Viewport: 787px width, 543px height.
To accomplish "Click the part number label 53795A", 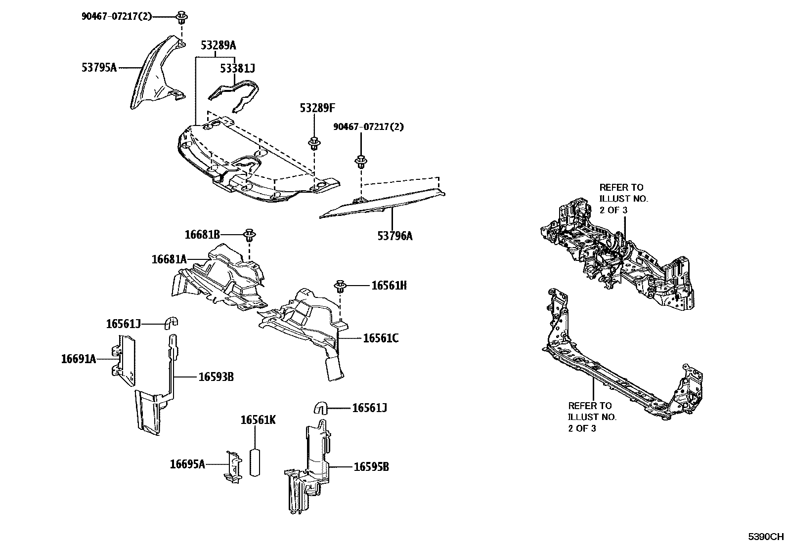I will click(x=99, y=67).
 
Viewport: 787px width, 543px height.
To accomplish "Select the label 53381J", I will click(x=237, y=69).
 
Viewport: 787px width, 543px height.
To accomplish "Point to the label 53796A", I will click(x=394, y=236).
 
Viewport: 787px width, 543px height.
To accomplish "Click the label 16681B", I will click(x=202, y=234).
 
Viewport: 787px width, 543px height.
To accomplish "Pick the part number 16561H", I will click(x=389, y=286).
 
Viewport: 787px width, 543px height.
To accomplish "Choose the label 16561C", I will click(x=381, y=338).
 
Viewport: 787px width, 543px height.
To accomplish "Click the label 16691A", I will click(x=79, y=359).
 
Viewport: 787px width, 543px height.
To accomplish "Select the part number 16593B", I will click(x=216, y=377).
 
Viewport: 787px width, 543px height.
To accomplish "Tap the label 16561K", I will click(x=258, y=420).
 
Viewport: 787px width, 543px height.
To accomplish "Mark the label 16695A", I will click(x=187, y=464).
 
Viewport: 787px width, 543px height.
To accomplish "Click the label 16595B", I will click(x=371, y=466).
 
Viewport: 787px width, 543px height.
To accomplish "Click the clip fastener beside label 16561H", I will click(x=340, y=286).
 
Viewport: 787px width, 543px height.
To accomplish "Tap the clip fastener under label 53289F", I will click(x=313, y=144).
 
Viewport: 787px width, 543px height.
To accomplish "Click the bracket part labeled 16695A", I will click(x=232, y=465).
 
